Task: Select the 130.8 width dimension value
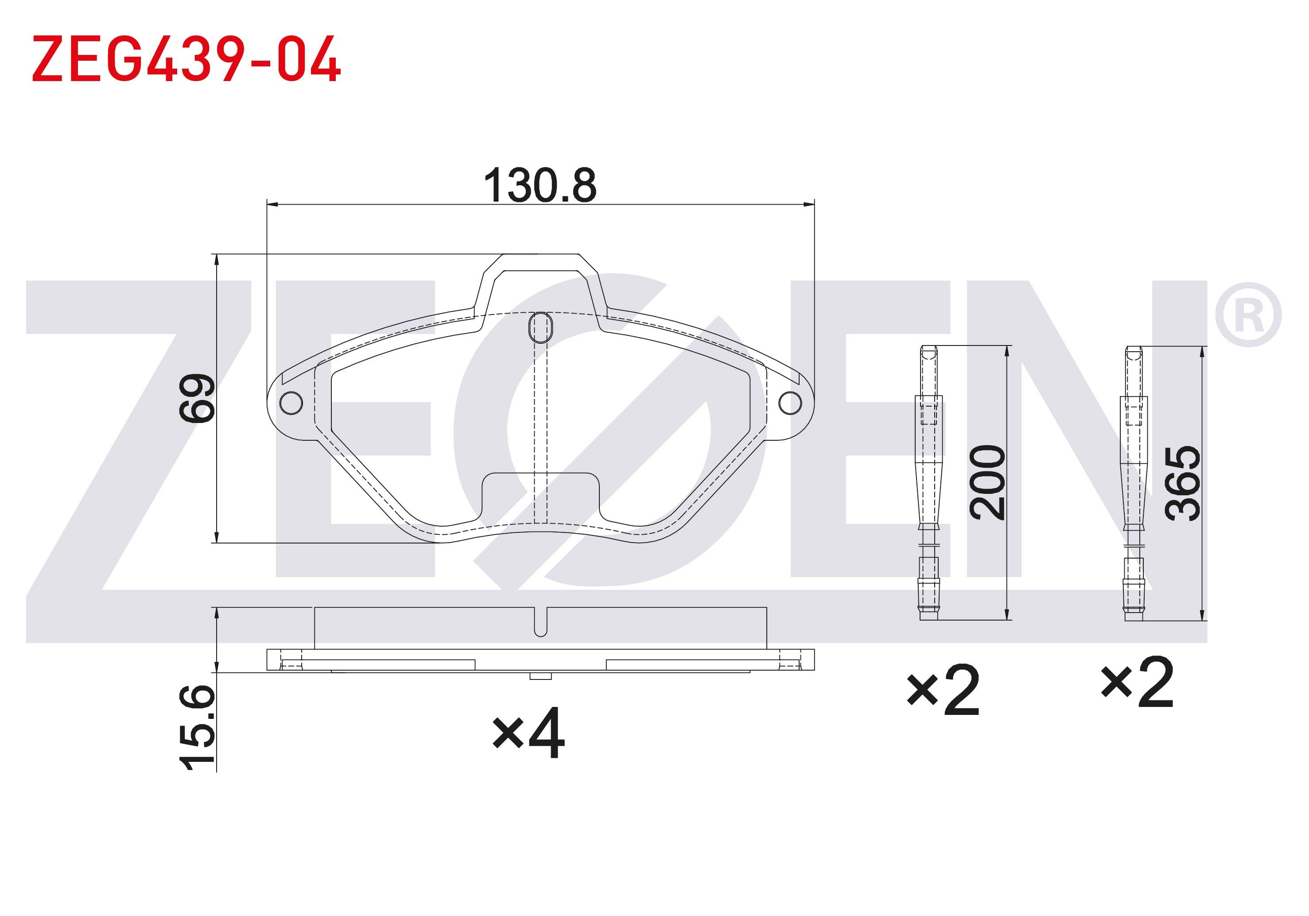[540, 185]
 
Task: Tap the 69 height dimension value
[197, 398]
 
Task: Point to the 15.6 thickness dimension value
[197, 727]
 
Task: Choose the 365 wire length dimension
[1182, 483]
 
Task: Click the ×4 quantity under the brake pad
[528, 733]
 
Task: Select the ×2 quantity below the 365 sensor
[1138, 682]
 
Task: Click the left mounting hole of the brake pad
[291, 403]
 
